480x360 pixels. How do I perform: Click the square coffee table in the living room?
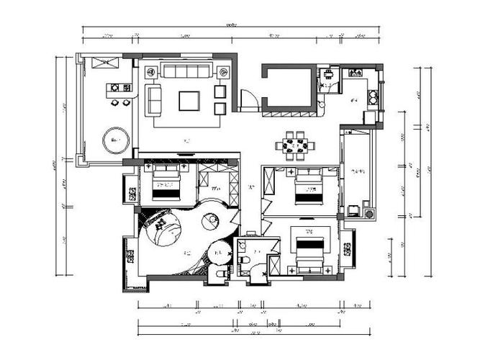(189, 100)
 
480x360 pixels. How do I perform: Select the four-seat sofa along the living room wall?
(186, 71)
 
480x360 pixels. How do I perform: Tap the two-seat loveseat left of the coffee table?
(154, 99)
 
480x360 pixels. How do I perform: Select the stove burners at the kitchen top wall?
(356, 73)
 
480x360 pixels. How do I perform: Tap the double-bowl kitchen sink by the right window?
(373, 96)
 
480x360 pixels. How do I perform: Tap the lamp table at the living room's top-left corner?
(151, 72)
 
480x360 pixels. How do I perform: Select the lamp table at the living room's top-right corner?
(223, 72)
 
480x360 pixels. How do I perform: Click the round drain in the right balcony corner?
(369, 213)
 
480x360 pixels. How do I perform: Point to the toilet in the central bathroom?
(244, 258)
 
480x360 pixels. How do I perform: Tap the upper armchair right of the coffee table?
(220, 91)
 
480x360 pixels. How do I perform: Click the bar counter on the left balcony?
(119, 89)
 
